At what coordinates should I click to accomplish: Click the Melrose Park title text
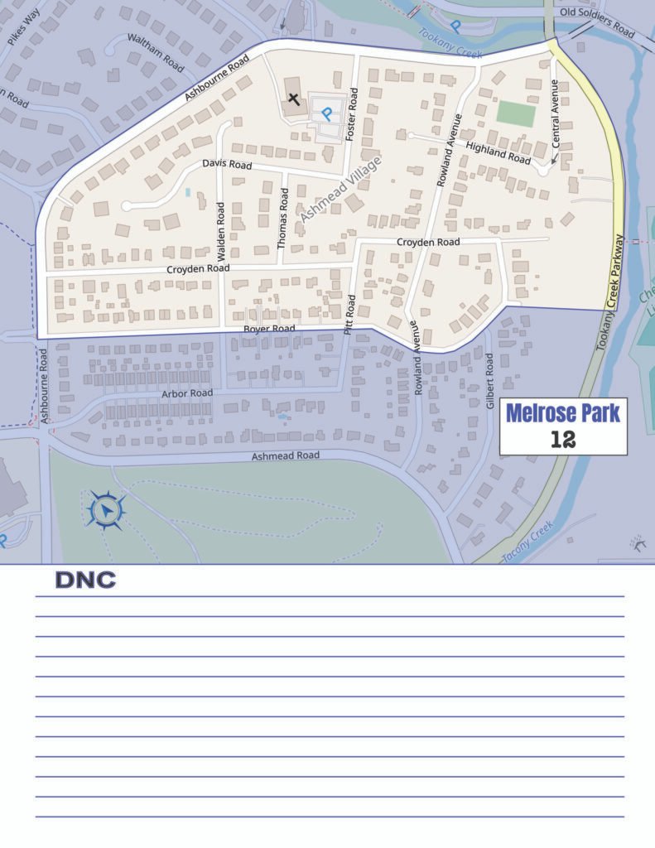(x=562, y=413)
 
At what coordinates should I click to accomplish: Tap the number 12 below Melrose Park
(x=562, y=439)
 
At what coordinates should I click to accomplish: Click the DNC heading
(x=85, y=581)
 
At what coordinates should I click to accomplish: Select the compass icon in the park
(x=107, y=511)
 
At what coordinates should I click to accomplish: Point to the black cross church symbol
(x=292, y=100)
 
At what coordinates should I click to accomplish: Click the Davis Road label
(x=227, y=166)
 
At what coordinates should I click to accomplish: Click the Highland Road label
(x=498, y=152)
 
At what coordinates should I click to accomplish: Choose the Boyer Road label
(x=269, y=329)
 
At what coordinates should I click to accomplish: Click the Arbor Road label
(x=187, y=393)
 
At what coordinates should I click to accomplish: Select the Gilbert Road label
(x=489, y=373)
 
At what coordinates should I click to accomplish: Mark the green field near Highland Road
(x=516, y=113)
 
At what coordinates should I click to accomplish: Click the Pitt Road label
(x=349, y=313)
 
